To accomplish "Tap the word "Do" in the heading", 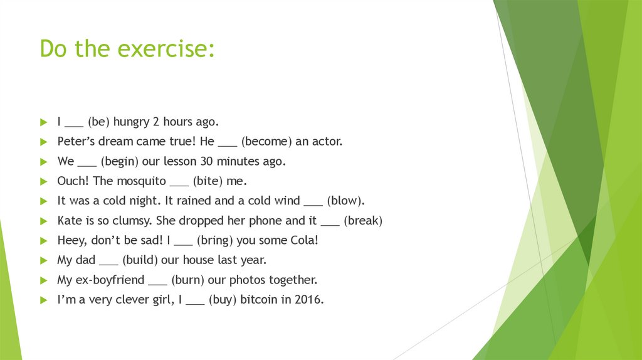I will pyautogui.click(x=54, y=48).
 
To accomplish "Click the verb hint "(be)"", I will pyautogui.click(x=98, y=122).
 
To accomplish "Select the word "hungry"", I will pyautogui.click(x=132, y=122).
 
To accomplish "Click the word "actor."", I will pyautogui.click(x=326, y=142).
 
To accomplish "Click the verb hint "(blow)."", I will pyautogui.click(x=345, y=201).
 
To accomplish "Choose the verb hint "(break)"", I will pyautogui.click(x=364, y=221).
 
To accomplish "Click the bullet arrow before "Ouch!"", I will pyautogui.click(x=43, y=181).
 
